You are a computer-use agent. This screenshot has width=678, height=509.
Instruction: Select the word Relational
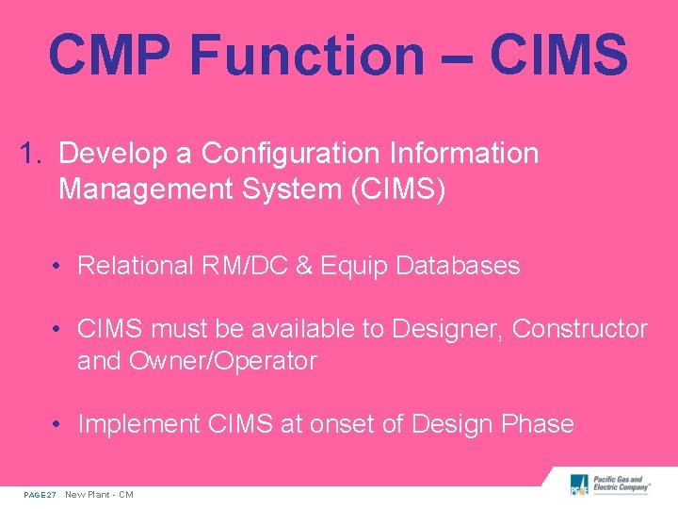[135, 266]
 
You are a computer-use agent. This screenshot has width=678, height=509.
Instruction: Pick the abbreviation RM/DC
[250, 266]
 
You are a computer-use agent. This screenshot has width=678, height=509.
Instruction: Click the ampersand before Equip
[304, 266]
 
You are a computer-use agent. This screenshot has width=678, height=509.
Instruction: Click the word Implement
[138, 424]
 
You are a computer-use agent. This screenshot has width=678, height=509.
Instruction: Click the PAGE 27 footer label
[40, 495]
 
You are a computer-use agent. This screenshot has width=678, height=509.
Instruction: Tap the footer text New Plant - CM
[99, 495]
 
